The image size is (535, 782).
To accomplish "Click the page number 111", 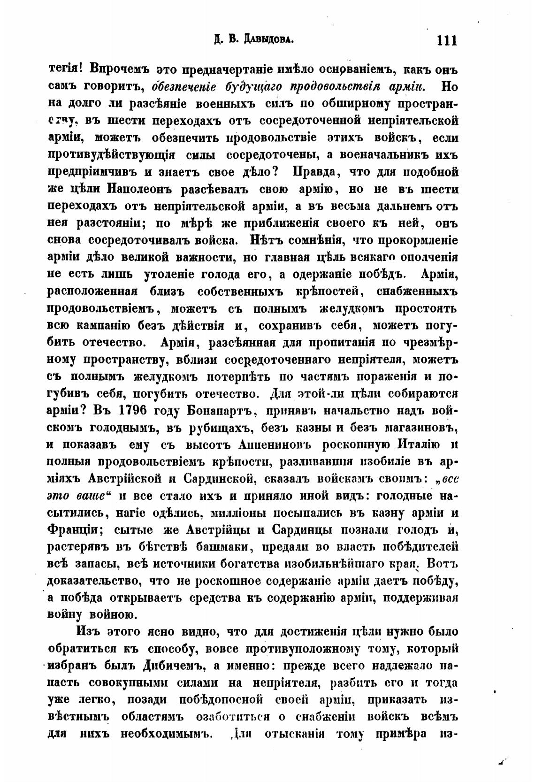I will pos(446,40).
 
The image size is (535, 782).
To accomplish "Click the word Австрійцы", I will pos(219,529).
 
